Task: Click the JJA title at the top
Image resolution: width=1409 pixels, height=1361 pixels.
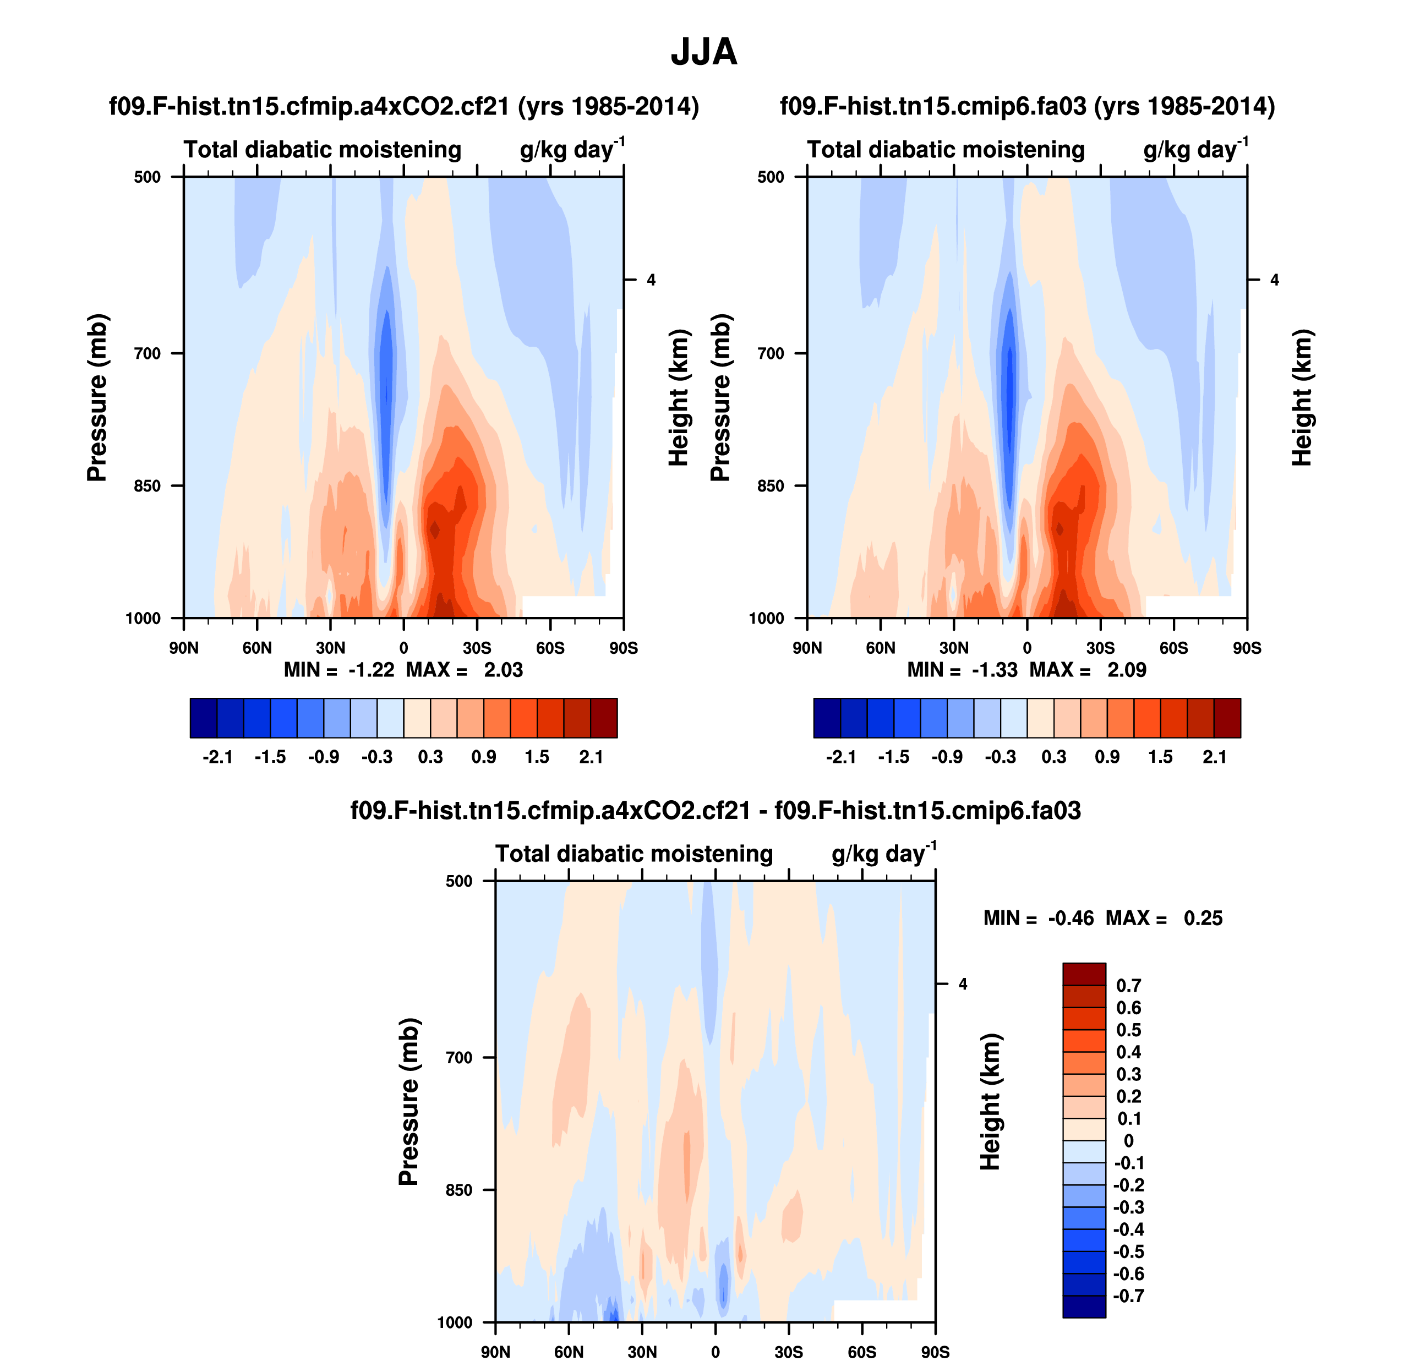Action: point(704,52)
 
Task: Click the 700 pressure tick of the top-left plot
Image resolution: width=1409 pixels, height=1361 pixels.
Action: point(148,353)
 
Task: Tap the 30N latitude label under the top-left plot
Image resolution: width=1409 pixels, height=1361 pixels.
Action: point(330,648)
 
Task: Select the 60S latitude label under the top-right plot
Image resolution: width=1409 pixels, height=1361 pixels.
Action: point(1173,648)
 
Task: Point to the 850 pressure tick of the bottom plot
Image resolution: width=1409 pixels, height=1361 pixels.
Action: point(460,1190)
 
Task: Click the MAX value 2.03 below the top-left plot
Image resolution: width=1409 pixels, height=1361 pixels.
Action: point(503,670)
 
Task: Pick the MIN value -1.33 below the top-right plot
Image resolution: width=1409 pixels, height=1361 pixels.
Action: point(995,670)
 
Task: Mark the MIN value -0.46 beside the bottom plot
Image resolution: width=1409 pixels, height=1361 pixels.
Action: point(1071,918)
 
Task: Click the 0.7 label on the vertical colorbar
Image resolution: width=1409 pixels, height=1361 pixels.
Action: point(1129,986)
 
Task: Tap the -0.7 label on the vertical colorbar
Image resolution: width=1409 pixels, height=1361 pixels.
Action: point(1129,1296)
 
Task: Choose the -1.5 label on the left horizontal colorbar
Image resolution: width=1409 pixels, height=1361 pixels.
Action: point(270,757)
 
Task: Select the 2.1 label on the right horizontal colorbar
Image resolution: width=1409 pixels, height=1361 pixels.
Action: point(1214,757)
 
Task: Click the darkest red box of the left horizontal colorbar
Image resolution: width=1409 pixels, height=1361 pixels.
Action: point(604,718)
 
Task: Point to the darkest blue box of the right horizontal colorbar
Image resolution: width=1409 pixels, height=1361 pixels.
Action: point(827,718)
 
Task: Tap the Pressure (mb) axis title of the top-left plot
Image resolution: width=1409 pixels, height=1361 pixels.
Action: point(97,397)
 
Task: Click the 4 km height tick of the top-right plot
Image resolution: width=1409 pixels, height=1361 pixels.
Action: point(1275,280)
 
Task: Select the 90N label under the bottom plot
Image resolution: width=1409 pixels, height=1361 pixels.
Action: point(495,1352)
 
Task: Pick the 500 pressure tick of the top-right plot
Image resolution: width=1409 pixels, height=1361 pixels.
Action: point(771,177)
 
